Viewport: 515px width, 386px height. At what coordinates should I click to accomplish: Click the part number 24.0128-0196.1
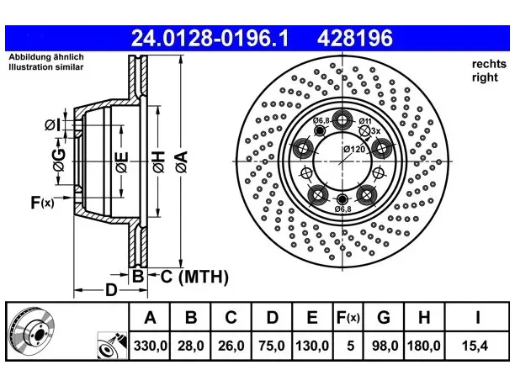pyautogui.click(x=210, y=38)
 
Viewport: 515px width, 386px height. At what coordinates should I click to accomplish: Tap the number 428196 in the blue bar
pyautogui.click(x=355, y=38)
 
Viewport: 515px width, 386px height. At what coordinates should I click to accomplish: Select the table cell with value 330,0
pyautogui.click(x=150, y=346)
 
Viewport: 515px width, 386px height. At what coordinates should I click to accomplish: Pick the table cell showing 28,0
pyautogui.click(x=191, y=346)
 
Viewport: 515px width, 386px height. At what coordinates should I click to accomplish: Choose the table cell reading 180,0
pyautogui.click(x=424, y=346)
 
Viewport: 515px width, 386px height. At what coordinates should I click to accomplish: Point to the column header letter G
pyautogui.click(x=384, y=317)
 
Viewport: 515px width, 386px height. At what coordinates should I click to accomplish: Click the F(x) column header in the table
pyautogui.click(x=348, y=317)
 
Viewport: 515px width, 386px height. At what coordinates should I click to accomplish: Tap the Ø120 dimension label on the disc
pyautogui.click(x=354, y=150)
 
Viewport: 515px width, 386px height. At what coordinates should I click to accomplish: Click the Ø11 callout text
pyautogui.click(x=365, y=121)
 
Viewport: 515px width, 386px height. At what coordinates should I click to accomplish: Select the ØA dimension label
pyautogui.click(x=182, y=161)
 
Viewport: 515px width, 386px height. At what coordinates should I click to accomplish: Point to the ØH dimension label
pyautogui.click(x=158, y=161)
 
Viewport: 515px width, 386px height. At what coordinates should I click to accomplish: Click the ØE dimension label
pyautogui.click(x=121, y=162)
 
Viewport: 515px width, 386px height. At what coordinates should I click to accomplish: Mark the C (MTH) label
pyautogui.click(x=194, y=277)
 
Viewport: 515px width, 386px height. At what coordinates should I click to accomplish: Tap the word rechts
pyautogui.click(x=489, y=64)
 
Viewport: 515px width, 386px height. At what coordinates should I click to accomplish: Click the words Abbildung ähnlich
pyautogui.click(x=46, y=57)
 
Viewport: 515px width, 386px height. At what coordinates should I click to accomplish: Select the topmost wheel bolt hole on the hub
pyautogui.click(x=342, y=119)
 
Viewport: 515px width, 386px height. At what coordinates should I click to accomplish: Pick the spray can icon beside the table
pyautogui.click(x=112, y=346)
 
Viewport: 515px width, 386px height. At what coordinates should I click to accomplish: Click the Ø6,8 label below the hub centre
pyautogui.click(x=342, y=209)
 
